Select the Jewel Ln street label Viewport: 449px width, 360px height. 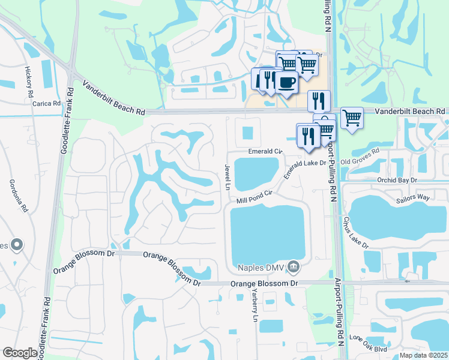coord(228,176)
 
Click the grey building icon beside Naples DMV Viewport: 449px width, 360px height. coord(293,266)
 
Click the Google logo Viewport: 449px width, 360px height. coord(20,353)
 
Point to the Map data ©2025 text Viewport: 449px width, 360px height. coord(423,355)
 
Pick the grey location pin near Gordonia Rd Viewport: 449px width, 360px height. coord(17,245)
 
